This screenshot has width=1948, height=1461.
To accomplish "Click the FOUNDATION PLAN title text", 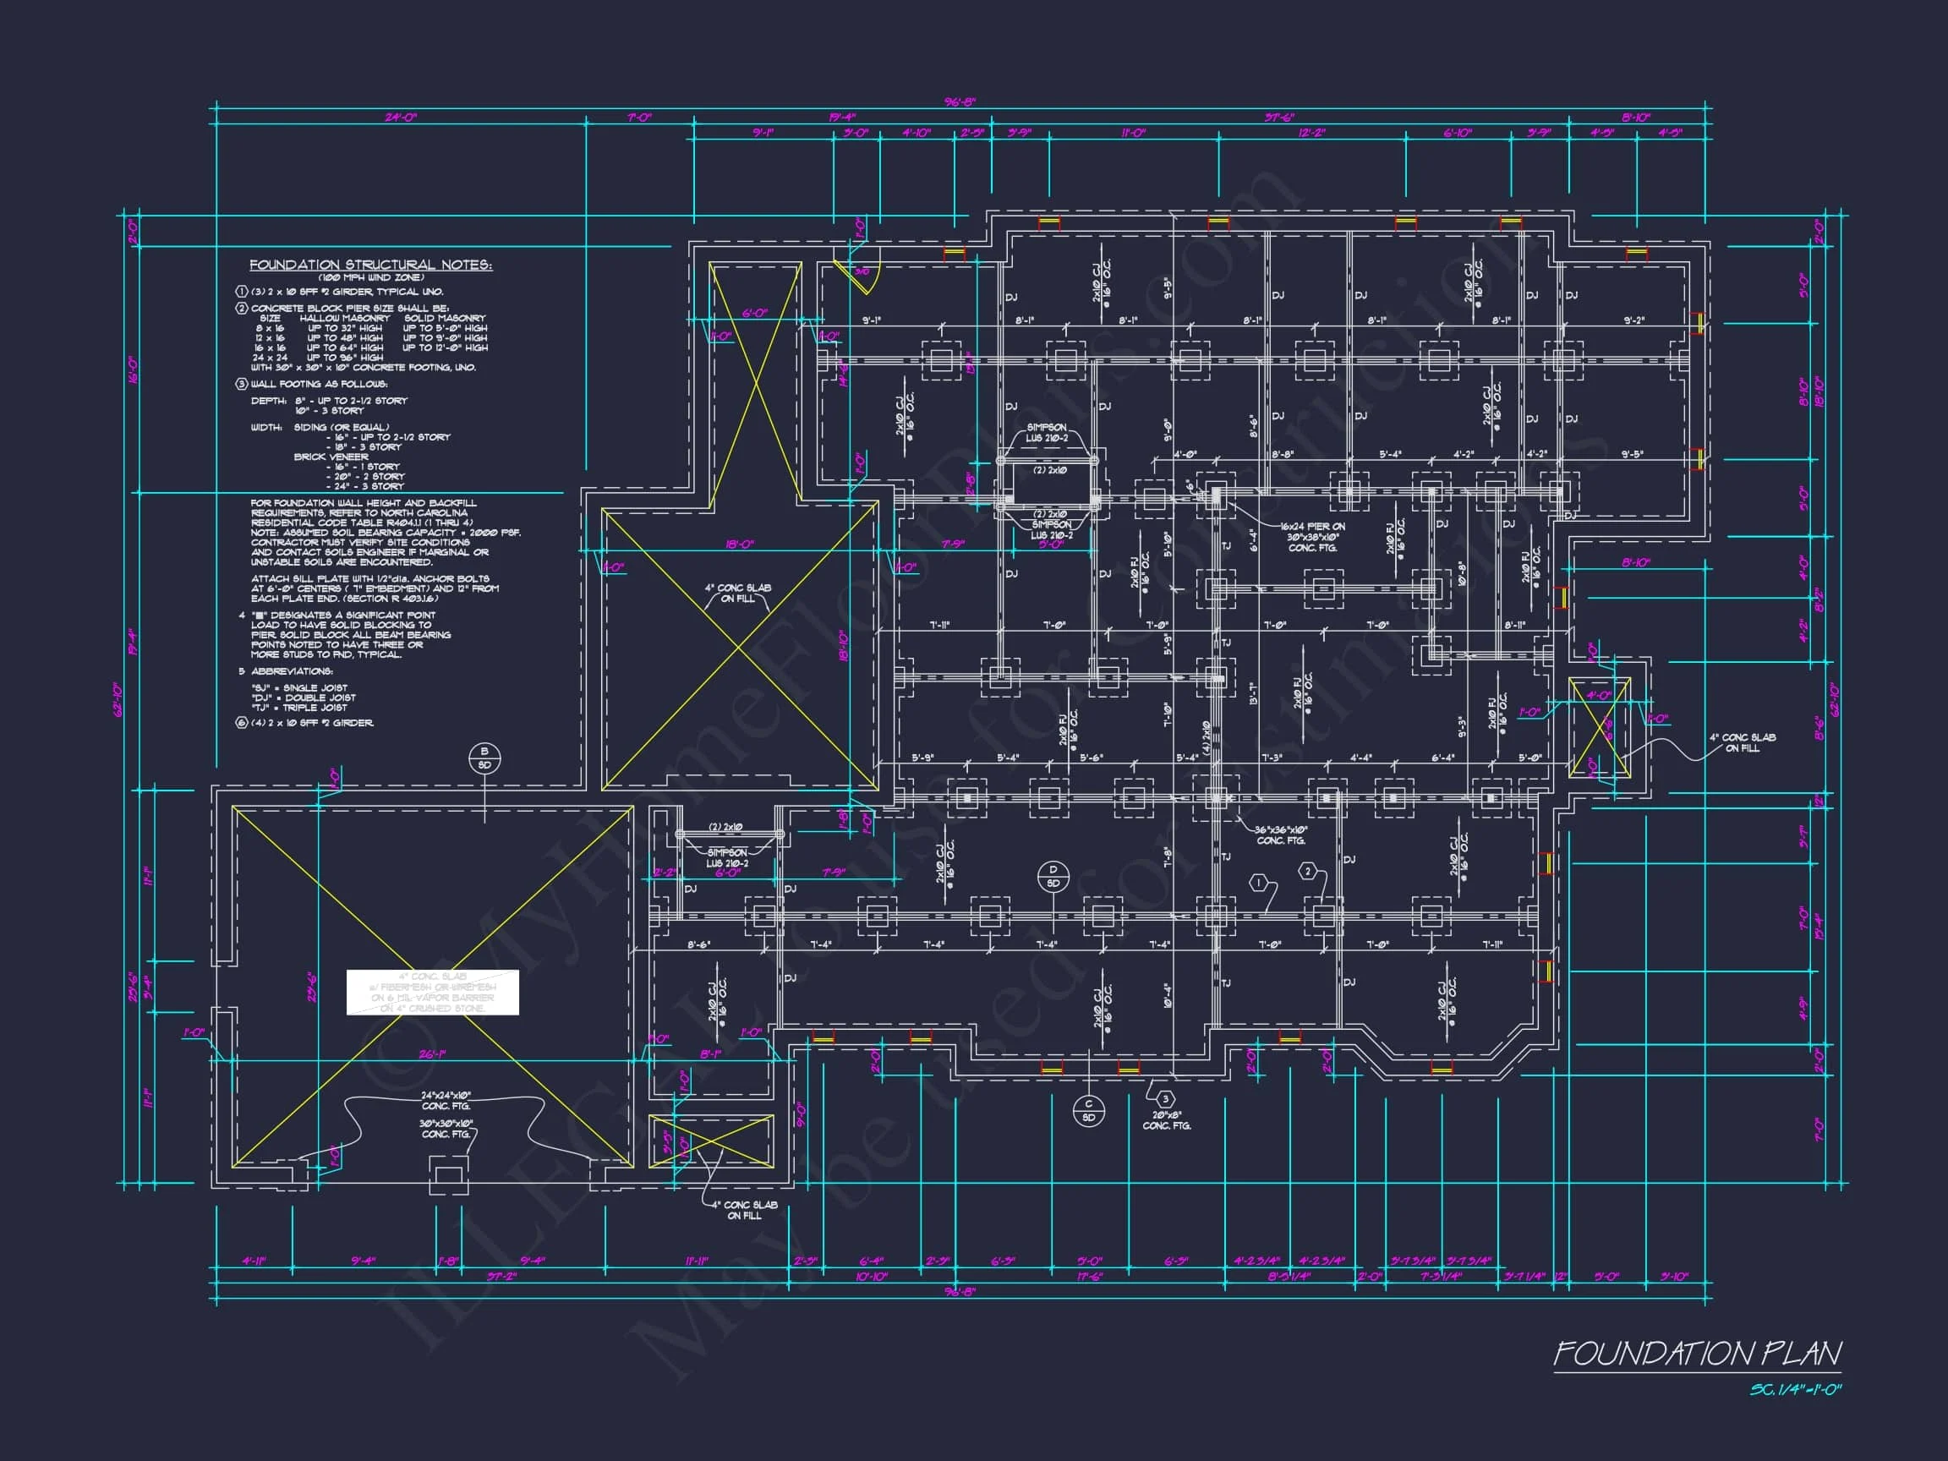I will (1696, 1354).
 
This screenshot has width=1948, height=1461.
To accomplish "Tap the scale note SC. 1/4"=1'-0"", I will (1796, 1391).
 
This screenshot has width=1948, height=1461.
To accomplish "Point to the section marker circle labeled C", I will (1088, 1110).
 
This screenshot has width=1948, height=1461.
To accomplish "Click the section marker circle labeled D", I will (1053, 876).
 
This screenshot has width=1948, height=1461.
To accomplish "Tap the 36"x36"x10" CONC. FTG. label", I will (1282, 834).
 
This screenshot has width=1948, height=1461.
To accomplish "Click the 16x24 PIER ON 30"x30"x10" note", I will (1312, 536).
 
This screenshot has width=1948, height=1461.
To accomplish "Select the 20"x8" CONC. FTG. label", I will (1167, 1120).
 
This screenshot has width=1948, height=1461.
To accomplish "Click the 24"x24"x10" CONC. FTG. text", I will (446, 1101).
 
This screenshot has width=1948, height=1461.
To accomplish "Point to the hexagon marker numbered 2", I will (1308, 872).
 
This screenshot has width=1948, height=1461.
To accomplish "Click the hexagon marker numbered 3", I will (1165, 1098).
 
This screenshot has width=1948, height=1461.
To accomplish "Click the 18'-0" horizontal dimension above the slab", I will (739, 544).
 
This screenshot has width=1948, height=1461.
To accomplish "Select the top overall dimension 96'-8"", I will (959, 102).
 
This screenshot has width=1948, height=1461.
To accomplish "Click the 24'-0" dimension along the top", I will (400, 118).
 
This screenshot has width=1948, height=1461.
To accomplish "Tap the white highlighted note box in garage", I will (431, 993).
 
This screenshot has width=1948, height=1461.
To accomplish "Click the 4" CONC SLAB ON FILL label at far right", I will (1742, 742).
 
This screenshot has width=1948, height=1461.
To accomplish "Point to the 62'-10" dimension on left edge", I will (118, 699).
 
